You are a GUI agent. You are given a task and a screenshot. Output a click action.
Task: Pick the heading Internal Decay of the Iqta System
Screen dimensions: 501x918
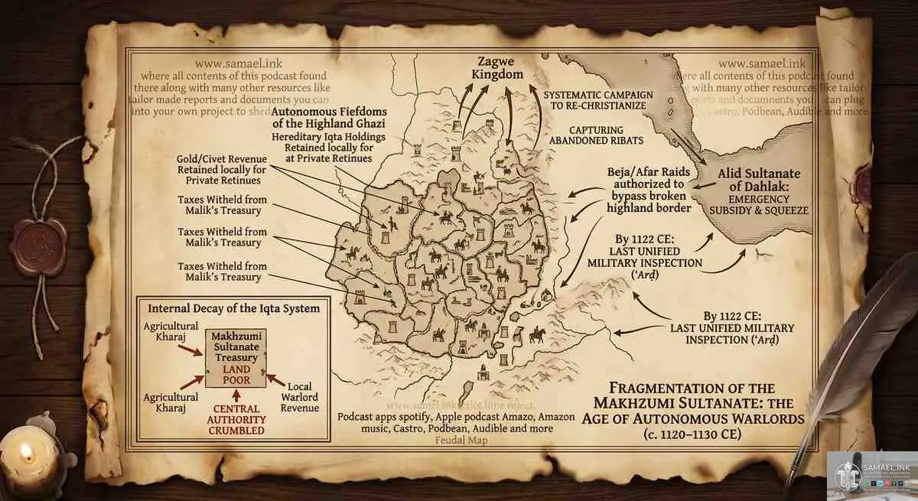point(234,308)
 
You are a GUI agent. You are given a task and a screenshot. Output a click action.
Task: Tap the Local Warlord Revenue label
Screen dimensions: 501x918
point(300,397)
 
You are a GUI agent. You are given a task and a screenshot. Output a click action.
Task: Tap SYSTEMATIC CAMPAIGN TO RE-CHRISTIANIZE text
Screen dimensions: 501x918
point(597,100)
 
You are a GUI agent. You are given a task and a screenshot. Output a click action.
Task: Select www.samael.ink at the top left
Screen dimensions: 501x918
point(233,64)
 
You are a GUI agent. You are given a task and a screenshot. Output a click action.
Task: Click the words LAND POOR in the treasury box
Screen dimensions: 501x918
point(236,375)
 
